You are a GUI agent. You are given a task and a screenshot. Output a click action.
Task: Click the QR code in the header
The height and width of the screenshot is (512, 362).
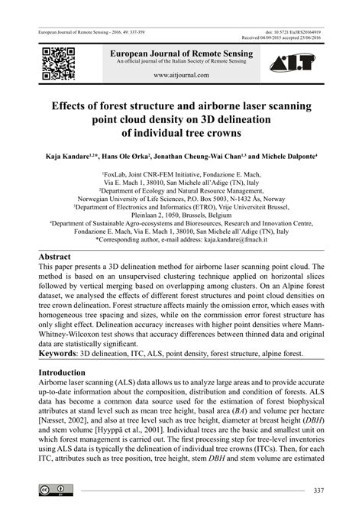pos(58,63)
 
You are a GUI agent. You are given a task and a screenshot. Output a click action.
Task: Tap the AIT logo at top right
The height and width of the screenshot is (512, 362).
pos(302,63)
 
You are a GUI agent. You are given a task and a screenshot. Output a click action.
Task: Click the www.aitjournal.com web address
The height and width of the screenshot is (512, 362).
pos(181,76)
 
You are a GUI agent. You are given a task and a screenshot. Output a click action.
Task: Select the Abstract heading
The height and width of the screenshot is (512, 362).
pos(60,257)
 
